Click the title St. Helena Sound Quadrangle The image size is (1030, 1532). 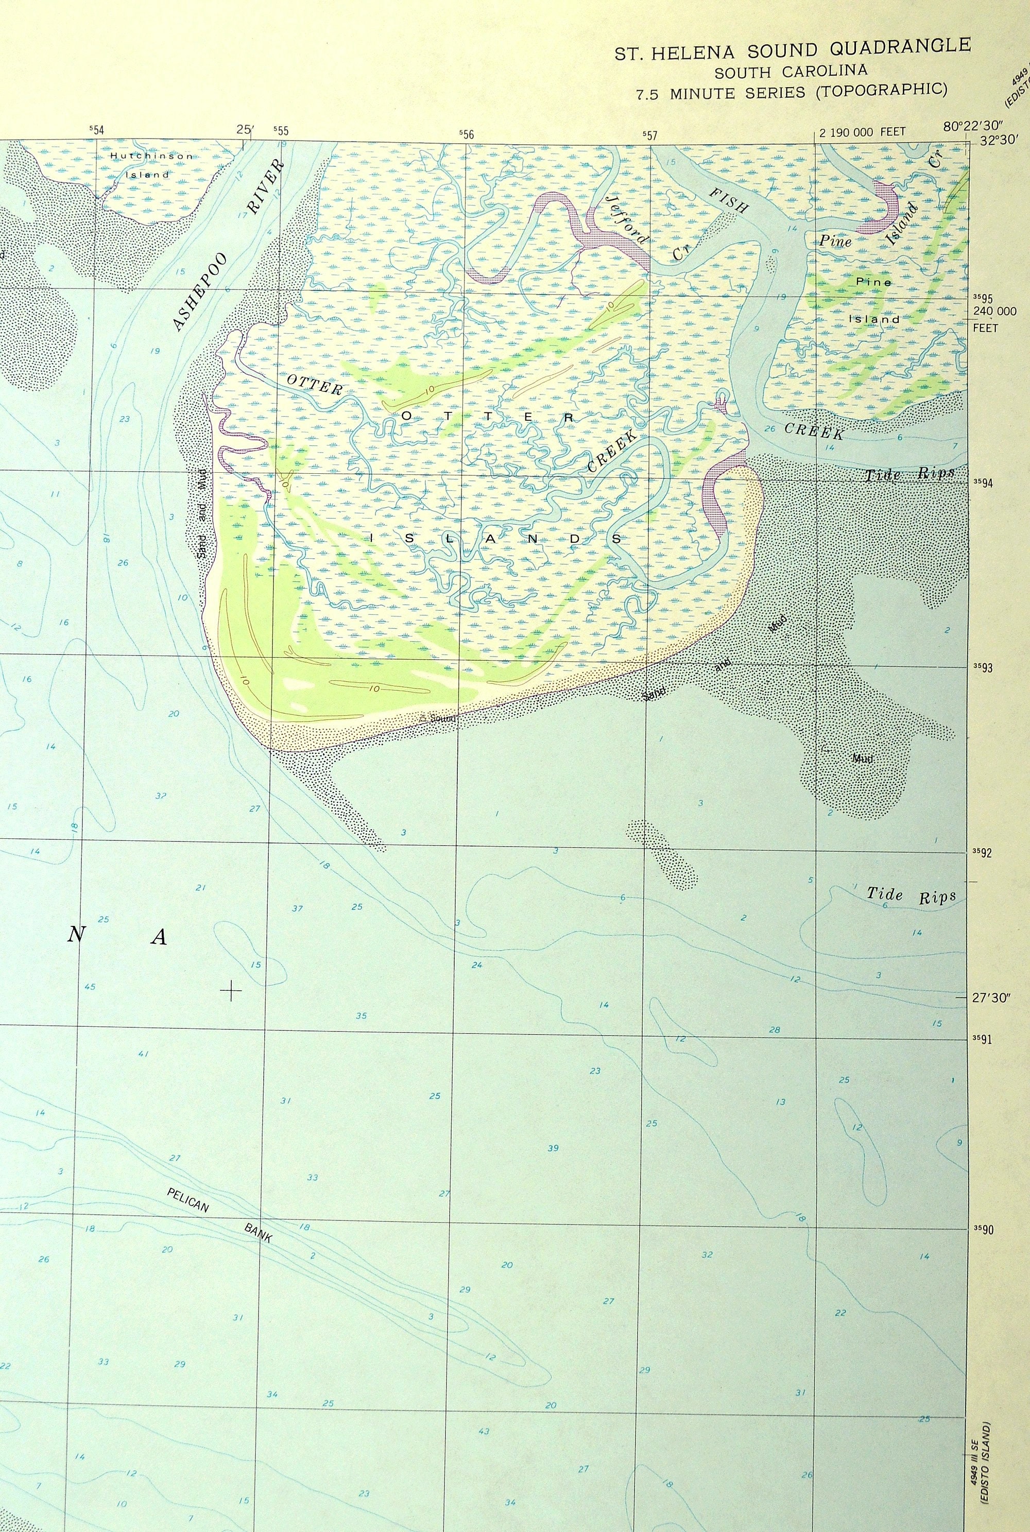792,49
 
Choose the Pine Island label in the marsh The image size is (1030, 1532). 873,300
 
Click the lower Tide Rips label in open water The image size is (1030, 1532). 911,895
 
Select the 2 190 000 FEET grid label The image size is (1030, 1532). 862,132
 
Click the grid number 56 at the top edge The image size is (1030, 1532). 467,134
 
